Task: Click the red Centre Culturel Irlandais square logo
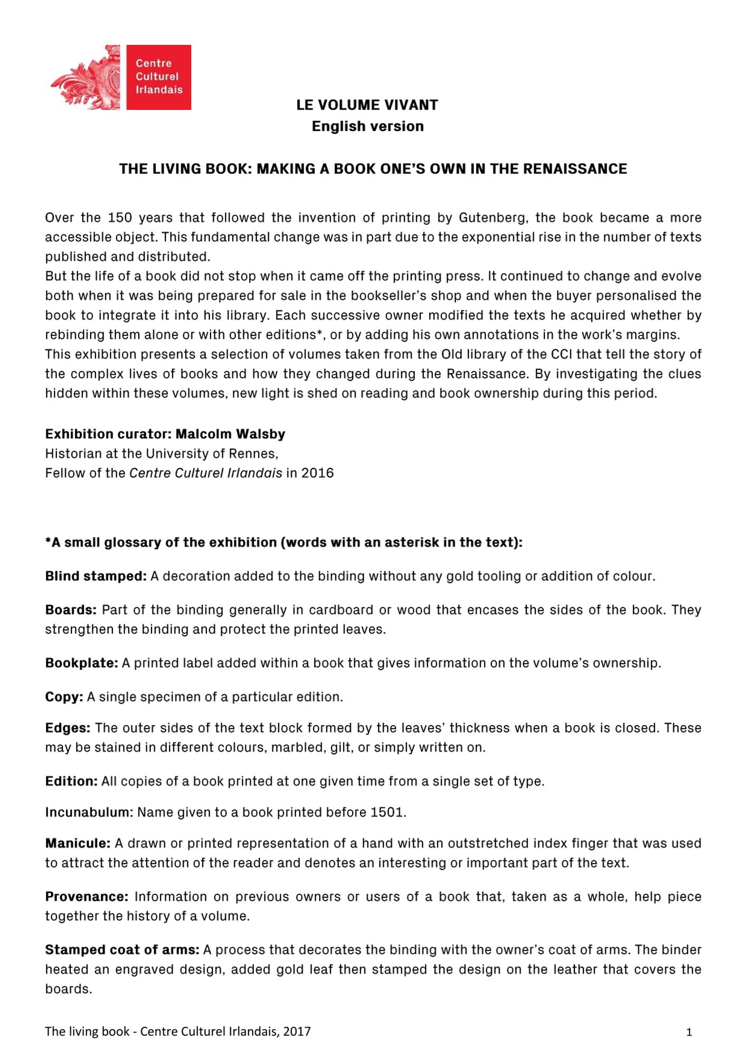tap(158, 77)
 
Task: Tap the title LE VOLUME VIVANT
tap(367, 105)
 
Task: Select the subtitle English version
tap(367, 126)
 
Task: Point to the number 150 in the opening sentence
tap(119, 218)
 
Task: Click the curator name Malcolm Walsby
tap(230, 434)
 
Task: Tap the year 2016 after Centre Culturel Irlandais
tap(317, 473)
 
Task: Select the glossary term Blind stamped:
tap(96, 576)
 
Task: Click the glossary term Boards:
tap(71, 610)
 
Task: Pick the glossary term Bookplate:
tap(81, 663)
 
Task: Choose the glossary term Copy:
tap(64, 697)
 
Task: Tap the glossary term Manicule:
tap(78, 843)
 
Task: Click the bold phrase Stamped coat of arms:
tap(122, 950)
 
